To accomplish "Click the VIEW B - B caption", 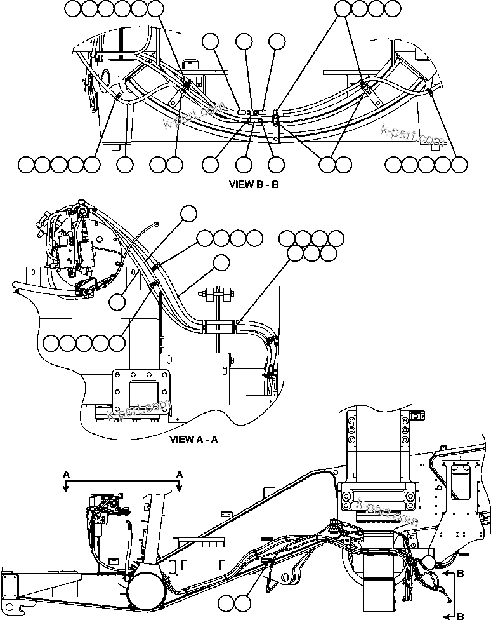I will point(253,185).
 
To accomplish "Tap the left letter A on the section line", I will point(66,474).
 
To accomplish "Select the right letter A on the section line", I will point(180,474).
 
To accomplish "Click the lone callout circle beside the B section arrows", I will point(428,563).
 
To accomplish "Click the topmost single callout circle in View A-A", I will point(189,214).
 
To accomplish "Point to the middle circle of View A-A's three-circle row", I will point(311,253).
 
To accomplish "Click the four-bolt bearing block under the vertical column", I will point(377,495).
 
